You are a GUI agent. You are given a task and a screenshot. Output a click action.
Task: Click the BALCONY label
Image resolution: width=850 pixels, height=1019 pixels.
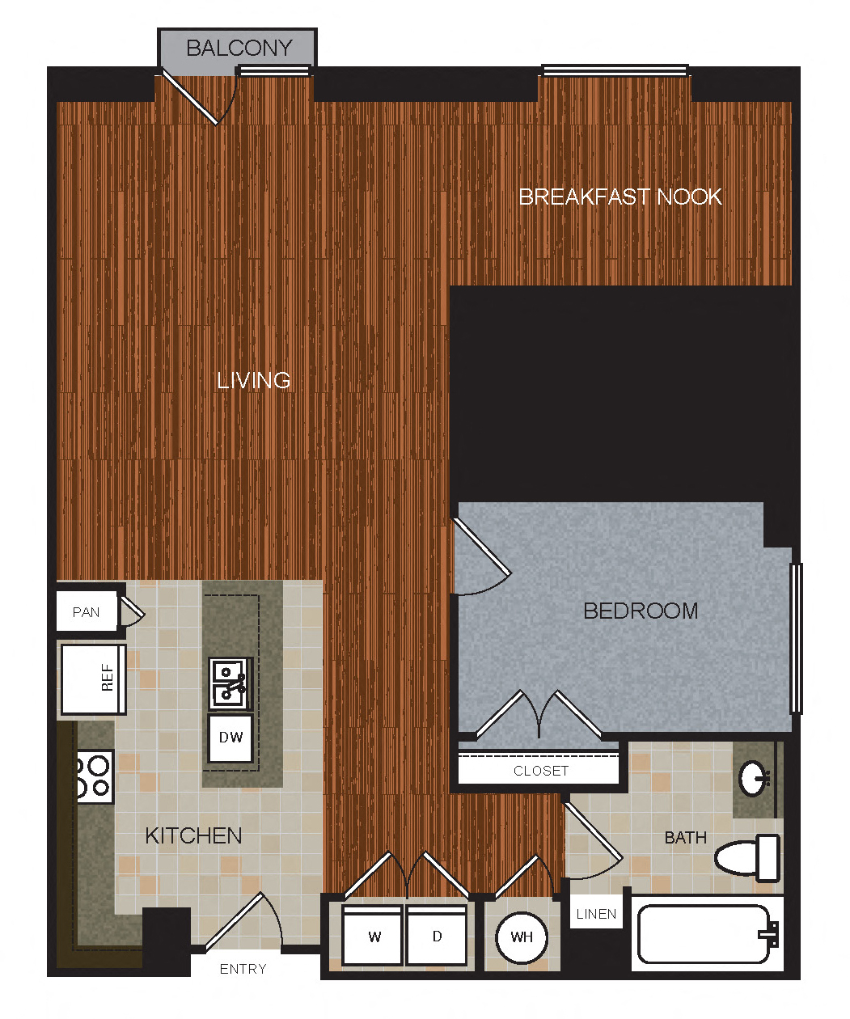tap(239, 49)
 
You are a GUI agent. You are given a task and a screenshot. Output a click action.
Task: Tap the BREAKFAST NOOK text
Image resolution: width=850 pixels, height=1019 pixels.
tap(620, 197)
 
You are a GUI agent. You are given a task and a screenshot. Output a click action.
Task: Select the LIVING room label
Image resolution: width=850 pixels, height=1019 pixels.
tap(253, 380)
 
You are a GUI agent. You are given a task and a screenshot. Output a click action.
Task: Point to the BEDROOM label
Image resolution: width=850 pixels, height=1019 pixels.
tap(641, 611)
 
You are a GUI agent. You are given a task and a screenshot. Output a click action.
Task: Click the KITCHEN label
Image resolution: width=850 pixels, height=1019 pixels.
tap(193, 835)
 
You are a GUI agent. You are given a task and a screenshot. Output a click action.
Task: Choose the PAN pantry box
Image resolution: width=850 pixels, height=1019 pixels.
tap(87, 612)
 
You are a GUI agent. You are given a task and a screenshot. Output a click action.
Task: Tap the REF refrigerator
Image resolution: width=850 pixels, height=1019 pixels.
tap(93, 679)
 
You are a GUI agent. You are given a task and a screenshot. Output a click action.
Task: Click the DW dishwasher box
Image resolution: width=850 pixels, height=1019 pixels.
tap(230, 738)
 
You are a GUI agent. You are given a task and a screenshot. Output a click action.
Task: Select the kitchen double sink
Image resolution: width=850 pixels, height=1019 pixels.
tap(230, 683)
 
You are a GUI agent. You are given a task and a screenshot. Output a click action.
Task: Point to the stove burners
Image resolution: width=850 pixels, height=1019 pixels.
tap(94, 776)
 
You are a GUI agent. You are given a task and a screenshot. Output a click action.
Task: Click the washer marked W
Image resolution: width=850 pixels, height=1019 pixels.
tap(374, 936)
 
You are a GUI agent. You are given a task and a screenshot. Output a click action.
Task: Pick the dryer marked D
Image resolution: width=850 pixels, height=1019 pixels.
tap(437, 936)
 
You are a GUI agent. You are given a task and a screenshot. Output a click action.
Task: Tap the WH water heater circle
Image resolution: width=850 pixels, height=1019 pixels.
tap(522, 937)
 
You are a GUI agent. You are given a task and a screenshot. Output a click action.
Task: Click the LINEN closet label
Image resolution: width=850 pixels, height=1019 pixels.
tap(596, 914)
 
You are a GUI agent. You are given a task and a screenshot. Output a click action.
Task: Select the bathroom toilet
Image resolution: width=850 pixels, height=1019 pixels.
tap(748, 857)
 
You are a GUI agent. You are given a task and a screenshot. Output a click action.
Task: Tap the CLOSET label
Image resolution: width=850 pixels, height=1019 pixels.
tap(540, 771)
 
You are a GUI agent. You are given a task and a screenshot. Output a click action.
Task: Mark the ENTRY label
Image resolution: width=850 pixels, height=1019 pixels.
tap(243, 969)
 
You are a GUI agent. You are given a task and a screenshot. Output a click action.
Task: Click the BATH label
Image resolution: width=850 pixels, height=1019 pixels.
tap(685, 838)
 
